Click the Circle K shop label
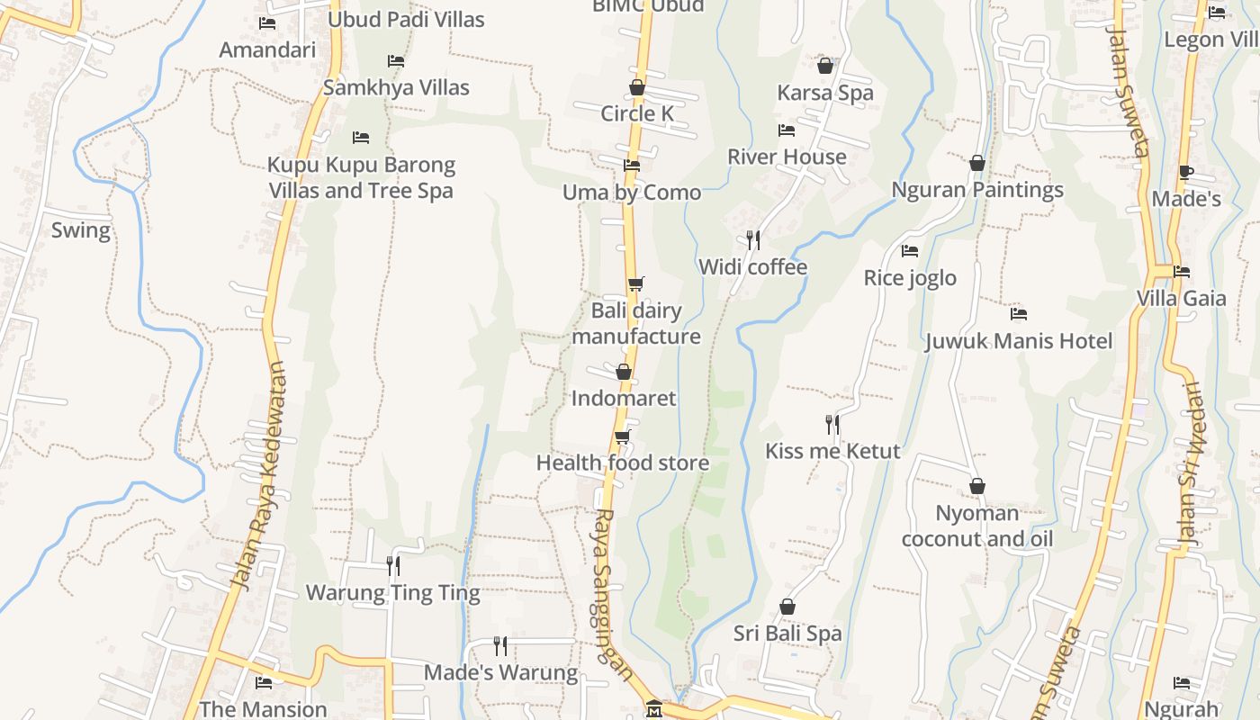tap(637, 113)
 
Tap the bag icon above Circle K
tap(637, 87)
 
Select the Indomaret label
tap(624, 398)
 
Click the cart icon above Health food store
tap(622, 436)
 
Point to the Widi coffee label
tap(752, 267)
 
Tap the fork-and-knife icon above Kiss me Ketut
tap(832, 424)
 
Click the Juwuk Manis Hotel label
tap(1019, 341)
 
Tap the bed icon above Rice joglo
tap(910, 251)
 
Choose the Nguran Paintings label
tap(977, 190)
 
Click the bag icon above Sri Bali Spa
tap(787, 607)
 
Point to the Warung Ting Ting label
tap(393, 593)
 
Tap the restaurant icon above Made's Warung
tap(500, 645)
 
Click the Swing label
tap(81, 230)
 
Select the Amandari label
tap(267, 49)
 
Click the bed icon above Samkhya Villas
tap(396, 61)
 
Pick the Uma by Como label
tap(632, 193)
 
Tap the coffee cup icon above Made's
tap(1186, 172)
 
